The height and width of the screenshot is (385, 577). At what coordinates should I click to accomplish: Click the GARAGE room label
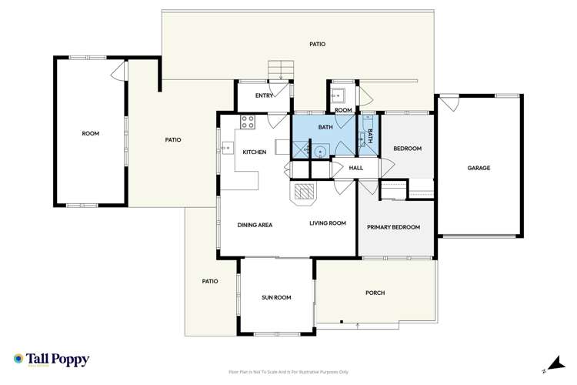pos(479,168)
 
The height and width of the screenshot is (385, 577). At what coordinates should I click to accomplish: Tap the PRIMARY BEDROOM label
pos(393,227)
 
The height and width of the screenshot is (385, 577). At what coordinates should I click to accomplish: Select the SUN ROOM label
pos(276,297)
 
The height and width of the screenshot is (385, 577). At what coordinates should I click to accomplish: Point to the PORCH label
pos(375,293)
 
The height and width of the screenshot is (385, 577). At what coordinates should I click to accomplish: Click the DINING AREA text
pos(255,224)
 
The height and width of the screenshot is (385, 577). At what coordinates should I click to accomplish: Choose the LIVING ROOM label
pos(328,223)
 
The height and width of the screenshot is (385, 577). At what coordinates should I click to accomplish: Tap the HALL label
pos(355,168)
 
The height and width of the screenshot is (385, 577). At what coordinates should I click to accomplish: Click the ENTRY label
pos(264,96)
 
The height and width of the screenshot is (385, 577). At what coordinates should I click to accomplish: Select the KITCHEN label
pos(255,152)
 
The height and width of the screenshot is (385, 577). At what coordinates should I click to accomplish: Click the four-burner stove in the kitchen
pos(248,121)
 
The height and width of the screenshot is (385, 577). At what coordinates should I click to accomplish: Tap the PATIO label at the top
pos(317,44)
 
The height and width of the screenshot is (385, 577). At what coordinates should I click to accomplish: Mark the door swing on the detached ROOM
pos(118,72)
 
